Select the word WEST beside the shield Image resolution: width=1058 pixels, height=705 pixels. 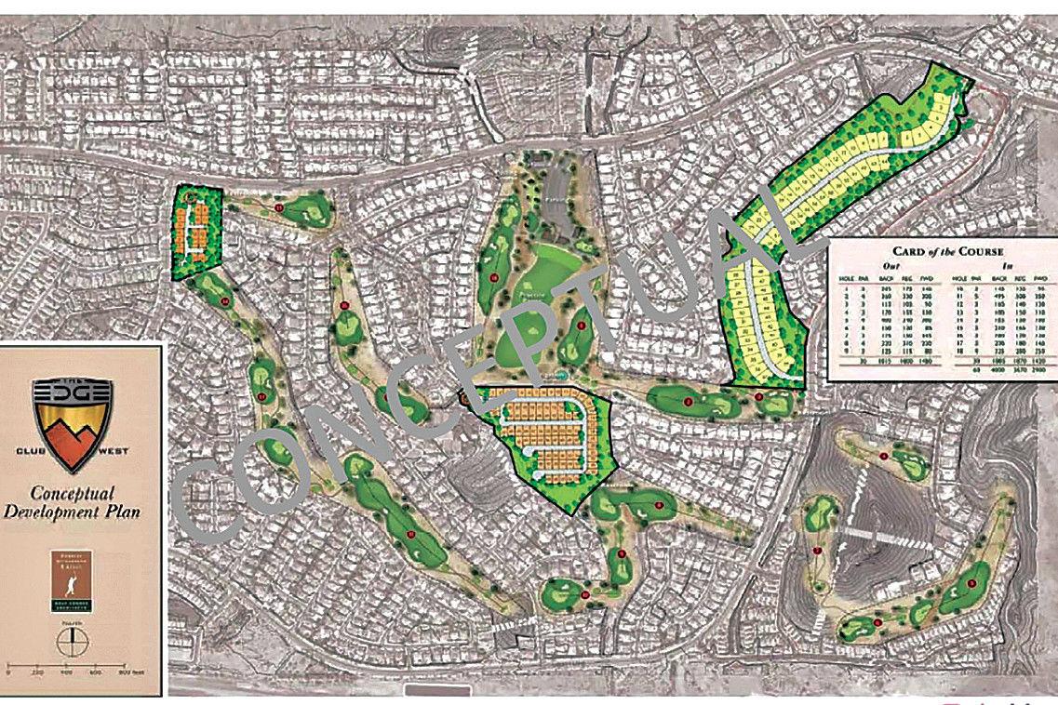[x=115, y=451]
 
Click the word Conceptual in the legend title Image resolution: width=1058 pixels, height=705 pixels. [x=72, y=494]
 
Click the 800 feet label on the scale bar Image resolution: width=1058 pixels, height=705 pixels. [x=133, y=672]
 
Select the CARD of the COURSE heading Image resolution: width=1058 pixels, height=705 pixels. [x=942, y=250]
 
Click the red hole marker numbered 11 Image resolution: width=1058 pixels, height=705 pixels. [x=279, y=207]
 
